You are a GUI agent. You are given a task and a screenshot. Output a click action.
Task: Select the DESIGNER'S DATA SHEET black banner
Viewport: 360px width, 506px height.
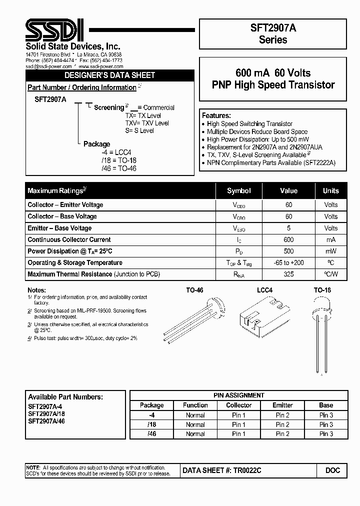click(x=110, y=75)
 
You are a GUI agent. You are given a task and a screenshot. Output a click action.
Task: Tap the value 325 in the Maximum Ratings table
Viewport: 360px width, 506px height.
click(x=288, y=274)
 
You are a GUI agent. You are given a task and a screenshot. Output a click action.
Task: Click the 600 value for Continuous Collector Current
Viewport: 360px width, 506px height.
click(x=288, y=239)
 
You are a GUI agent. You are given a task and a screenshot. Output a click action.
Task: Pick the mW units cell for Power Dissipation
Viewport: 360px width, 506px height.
click(x=330, y=251)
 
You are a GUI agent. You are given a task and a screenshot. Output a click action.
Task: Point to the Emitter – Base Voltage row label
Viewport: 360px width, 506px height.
click(x=59, y=228)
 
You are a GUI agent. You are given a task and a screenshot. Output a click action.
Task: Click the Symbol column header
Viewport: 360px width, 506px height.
click(x=239, y=191)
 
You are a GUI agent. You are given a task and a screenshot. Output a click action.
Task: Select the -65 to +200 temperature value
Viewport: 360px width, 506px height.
click(x=288, y=262)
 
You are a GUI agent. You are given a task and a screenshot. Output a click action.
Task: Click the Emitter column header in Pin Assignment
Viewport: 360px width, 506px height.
click(x=282, y=405)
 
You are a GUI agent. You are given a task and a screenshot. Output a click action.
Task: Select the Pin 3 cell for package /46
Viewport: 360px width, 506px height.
click(x=326, y=433)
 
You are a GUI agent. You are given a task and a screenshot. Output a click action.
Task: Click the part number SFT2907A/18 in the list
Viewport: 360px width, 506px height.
click(x=46, y=414)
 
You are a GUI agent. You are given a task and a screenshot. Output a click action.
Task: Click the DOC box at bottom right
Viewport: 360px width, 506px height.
click(x=332, y=470)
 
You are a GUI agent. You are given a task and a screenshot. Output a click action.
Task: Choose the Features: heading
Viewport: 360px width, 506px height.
click(x=216, y=115)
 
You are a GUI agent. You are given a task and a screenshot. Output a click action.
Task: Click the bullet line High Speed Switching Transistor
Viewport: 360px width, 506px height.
click(x=249, y=123)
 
